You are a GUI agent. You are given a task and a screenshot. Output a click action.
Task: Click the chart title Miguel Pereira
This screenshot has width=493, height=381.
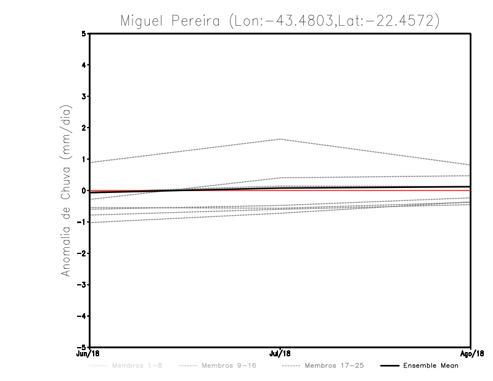(280, 20)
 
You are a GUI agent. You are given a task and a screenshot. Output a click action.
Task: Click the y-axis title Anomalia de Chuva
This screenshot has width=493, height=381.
(65, 190)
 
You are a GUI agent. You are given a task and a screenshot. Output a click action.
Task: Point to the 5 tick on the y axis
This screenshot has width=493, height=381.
(84, 33)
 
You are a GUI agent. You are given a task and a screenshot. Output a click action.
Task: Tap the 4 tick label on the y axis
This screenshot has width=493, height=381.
(84, 65)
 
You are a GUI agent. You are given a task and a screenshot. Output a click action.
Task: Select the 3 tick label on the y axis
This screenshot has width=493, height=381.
(84, 96)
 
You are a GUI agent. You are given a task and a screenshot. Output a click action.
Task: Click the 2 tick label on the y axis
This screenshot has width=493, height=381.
(84, 128)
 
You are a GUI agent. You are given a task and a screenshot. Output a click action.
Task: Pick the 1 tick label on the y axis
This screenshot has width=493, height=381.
(84, 159)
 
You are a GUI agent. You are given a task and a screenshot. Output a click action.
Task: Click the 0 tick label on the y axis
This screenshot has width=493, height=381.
(84, 190)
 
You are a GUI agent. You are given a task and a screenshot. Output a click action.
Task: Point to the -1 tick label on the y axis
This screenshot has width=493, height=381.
(83, 222)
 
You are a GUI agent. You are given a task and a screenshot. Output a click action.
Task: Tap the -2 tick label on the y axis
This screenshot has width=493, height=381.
(83, 253)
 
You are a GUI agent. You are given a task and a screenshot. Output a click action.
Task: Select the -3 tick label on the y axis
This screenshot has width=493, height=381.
(83, 285)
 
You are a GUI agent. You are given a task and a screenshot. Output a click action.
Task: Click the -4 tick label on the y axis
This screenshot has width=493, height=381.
(83, 316)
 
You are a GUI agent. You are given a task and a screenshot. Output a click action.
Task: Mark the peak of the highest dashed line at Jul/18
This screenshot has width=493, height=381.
(280, 139)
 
